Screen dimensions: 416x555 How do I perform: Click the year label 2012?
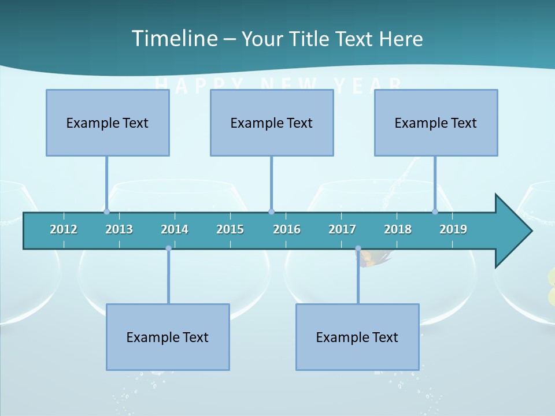click(x=64, y=229)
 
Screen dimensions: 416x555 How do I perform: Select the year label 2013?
click(x=119, y=229)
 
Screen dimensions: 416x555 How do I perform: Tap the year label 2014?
click(x=175, y=229)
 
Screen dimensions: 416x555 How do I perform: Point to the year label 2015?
click(x=230, y=229)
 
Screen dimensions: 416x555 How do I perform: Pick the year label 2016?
click(x=287, y=229)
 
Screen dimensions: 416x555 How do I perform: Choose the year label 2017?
click(x=342, y=229)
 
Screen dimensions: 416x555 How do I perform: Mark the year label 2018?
click(x=398, y=229)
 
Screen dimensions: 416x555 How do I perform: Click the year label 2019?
click(x=453, y=229)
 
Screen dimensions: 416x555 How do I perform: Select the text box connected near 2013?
click(x=108, y=122)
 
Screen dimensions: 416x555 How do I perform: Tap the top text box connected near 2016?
click(x=272, y=122)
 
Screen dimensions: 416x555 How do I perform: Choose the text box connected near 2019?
click(x=436, y=122)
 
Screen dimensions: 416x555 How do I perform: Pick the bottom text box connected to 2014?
click(x=168, y=337)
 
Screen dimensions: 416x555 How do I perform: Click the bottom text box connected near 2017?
click(x=357, y=337)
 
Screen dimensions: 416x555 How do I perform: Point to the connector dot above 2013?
click(x=107, y=211)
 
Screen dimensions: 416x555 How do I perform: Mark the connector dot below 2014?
click(x=168, y=248)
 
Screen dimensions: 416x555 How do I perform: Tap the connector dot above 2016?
click(x=271, y=211)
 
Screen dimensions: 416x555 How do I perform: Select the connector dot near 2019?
click(x=435, y=211)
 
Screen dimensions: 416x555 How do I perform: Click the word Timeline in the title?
click(x=174, y=39)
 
